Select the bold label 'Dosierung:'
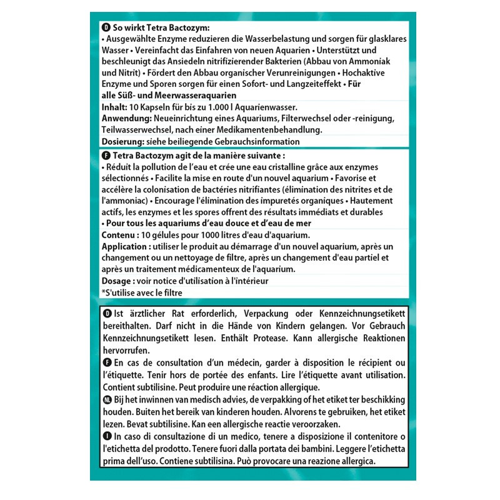tap(122, 142)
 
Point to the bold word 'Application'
tap(124, 246)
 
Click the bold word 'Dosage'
tap(116, 281)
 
